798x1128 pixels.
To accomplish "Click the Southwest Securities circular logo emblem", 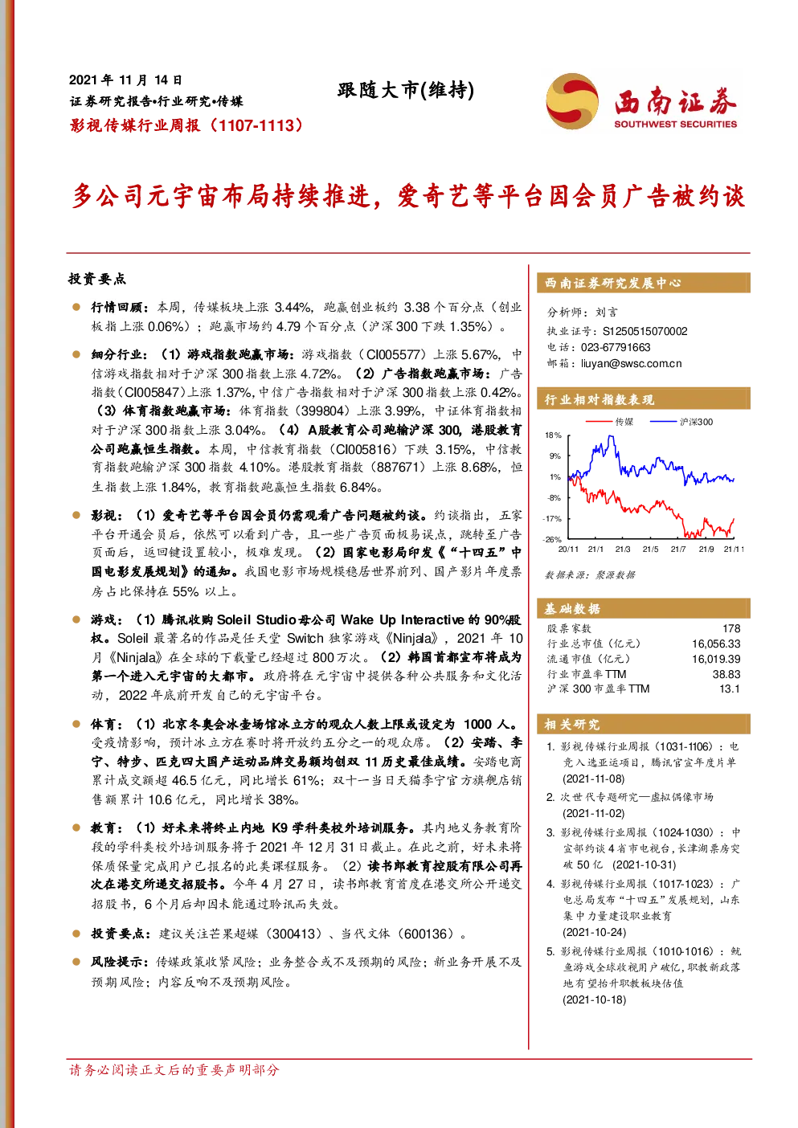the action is point(572,101).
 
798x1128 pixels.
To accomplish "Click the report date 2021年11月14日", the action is point(125,80).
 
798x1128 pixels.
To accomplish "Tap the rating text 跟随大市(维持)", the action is point(406,91).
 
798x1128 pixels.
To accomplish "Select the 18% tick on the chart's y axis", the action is point(553,435).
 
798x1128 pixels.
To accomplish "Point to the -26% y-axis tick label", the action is point(551,539).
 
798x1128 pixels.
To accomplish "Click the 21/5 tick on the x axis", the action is point(650,549).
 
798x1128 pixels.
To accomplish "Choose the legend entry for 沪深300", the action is point(681,422).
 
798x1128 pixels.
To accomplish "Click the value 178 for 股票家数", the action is point(731,628).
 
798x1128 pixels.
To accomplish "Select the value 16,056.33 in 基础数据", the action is point(716,644).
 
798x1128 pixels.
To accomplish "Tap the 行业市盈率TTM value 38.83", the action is point(726,674).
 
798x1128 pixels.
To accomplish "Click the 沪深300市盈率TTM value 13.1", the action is point(730,689).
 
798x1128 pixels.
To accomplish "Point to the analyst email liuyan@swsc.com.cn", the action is point(631,364).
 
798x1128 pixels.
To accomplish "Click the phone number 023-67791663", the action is point(615,347).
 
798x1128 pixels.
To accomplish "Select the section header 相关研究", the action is point(572,725).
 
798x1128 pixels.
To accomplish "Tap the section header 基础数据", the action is point(572,609).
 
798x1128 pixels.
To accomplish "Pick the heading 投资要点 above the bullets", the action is point(97,279).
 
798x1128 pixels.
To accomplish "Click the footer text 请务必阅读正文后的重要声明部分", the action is point(174,1069).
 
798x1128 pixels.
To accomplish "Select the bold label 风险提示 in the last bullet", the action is point(117,962).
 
